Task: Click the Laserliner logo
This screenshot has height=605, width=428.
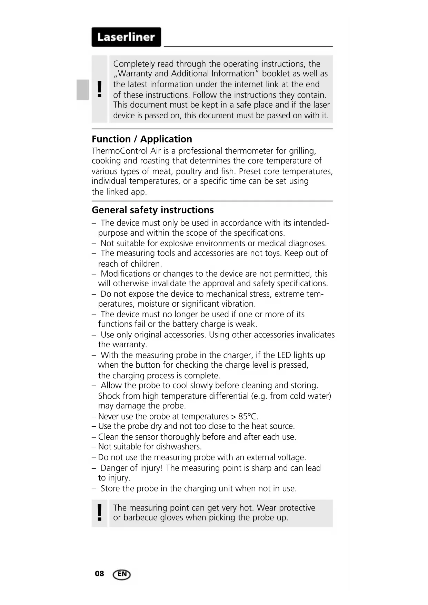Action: point(126,37)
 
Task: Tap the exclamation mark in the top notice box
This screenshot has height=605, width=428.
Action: point(100,89)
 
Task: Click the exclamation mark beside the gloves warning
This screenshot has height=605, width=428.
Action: point(100,513)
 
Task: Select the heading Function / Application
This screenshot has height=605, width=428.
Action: point(142,139)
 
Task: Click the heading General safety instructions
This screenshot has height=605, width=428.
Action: point(152,210)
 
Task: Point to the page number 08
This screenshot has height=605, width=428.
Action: point(99,574)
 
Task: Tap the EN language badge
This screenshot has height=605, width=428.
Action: point(122,574)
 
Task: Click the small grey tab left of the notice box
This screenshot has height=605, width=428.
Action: point(83,89)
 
